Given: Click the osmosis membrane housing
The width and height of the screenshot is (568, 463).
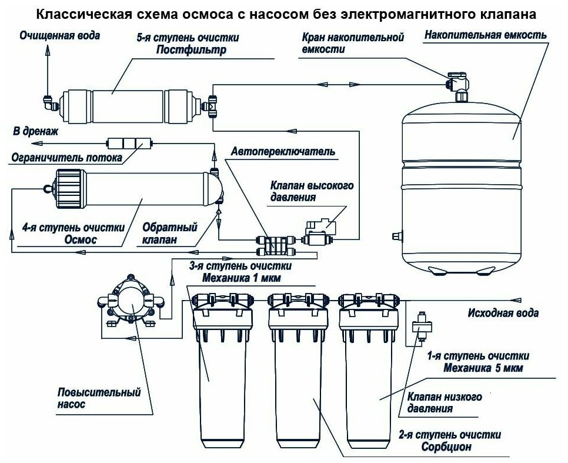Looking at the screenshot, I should [x=135, y=188].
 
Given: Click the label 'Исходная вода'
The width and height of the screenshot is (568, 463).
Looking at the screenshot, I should [x=502, y=312].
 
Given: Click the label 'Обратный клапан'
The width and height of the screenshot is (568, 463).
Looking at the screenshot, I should [x=170, y=234].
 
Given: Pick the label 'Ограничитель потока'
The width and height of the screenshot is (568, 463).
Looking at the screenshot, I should [x=65, y=158].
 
